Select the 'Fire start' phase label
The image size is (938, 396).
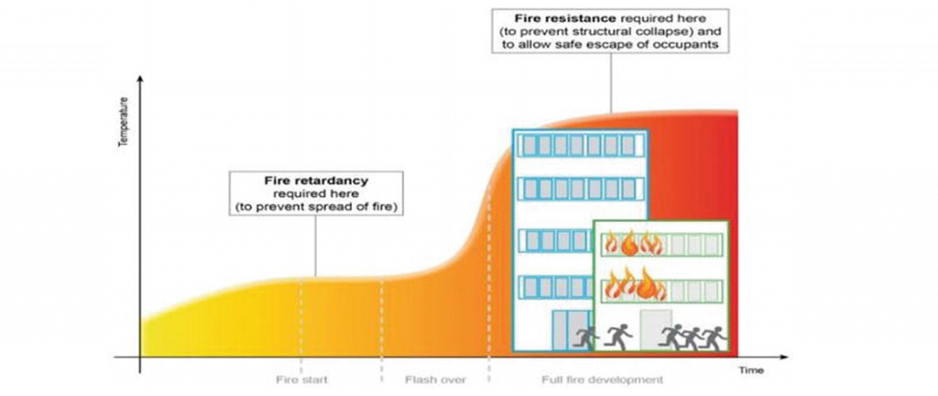coord(301,379)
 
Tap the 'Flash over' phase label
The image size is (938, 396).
coord(435,379)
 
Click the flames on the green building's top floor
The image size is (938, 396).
coord(631,245)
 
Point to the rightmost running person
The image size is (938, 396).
coord(714,337)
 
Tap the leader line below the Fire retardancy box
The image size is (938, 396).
coord(314,246)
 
